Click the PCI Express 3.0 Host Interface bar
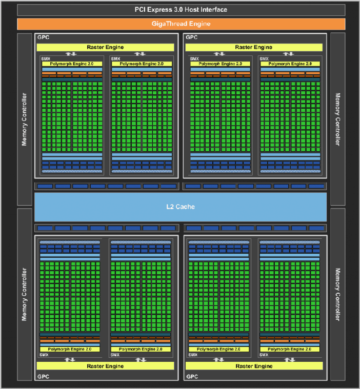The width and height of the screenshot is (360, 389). pyautogui.click(x=181, y=10)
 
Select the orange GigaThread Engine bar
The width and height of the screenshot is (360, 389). pyautogui.click(x=181, y=24)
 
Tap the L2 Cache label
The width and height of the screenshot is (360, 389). pyautogui.click(x=181, y=207)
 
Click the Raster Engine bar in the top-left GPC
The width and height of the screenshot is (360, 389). pyautogui.click(x=105, y=47)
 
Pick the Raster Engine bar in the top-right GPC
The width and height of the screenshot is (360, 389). pyautogui.click(x=254, y=47)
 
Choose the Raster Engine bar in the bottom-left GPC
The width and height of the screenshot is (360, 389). pyautogui.click(x=105, y=366)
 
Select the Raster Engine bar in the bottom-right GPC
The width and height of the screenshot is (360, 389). pyautogui.click(x=254, y=366)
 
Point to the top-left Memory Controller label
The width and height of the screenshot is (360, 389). pyautogui.click(x=24, y=119)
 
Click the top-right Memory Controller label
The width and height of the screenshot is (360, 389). pyautogui.click(x=337, y=119)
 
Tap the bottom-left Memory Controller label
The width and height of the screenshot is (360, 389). pyautogui.click(x=24, y=294)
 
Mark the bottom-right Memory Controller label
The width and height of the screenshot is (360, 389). pyautogui.click(x=337, y=294)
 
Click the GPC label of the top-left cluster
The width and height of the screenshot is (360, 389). pyautogui.click(x=43, y=37)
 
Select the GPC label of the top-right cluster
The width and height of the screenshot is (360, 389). pyautogui.click(x=192, y=37)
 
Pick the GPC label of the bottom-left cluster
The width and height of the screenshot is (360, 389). pyautogui.click(x=43, y=377)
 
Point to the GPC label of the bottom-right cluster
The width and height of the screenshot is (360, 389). pyautogui.click(x=192, y=377)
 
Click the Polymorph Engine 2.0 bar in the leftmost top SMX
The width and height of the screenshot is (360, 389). pyautogui.click(x=72, y=64)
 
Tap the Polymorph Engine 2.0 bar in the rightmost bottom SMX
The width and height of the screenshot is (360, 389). pyautogui.click(x=290, y=349)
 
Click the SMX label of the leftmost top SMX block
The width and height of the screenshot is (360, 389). pyautogui.click(x=46, y=59)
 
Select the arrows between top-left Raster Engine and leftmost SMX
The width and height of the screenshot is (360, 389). pyautogui.click(x=71, y=54)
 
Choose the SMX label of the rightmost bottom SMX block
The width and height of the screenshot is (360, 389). pyautogui.click(x=264, y=355)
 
